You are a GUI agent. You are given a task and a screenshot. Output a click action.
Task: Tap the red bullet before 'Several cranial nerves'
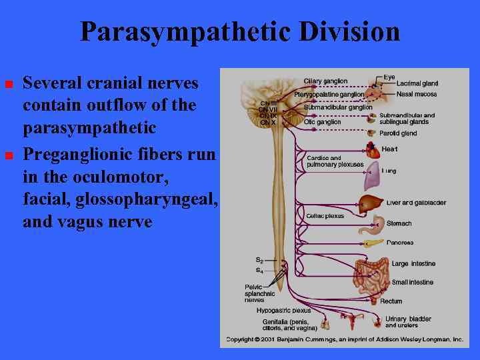pyautogui.click(x=9, y=85)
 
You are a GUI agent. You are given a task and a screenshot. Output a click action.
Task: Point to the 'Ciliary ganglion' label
pyautogui.click(x=325, y=81)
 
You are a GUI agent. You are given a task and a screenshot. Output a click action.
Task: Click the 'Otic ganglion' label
pyautogui.click(x=322, y=122)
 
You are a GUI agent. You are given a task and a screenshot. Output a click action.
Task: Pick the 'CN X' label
pyautogui.click(x=267, y=123)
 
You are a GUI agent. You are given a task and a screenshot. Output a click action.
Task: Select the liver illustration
pyautogui.click(x=371, y=203)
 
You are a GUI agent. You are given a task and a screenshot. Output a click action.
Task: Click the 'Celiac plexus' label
pyautogui.click(x=325, y=216)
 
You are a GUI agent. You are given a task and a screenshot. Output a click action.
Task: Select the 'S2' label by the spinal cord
pyautogui.click(x=259, y=259)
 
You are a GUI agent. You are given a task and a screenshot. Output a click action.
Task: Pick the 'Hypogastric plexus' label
pyautogui.click(x=283, y=310)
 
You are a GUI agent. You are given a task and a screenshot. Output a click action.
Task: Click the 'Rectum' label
pyautogui.click(x=391, y=301)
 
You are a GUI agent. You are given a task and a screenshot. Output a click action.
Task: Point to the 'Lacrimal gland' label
pyautogui.click(x=417, y=84)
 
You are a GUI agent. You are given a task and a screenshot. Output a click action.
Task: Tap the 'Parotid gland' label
pyautogui.click(x=398, y=133)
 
